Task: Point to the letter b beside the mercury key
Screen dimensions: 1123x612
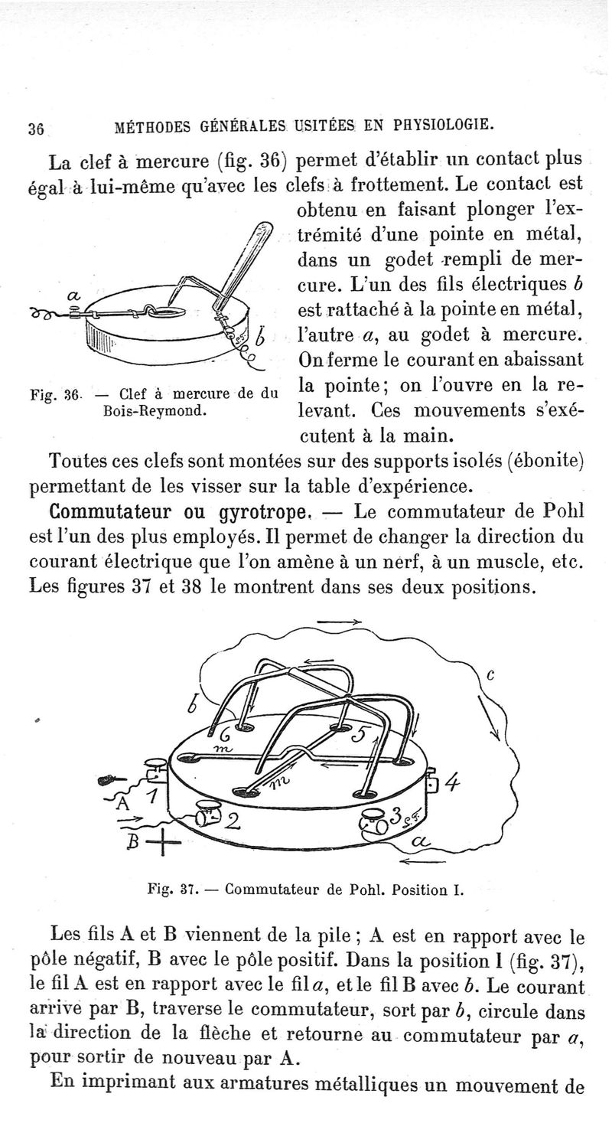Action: point(261,335)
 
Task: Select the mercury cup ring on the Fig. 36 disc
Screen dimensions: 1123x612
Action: point(165,312)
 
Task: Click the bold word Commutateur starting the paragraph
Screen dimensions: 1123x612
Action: point(113,511)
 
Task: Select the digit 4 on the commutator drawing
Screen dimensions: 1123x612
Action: point(452,783)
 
